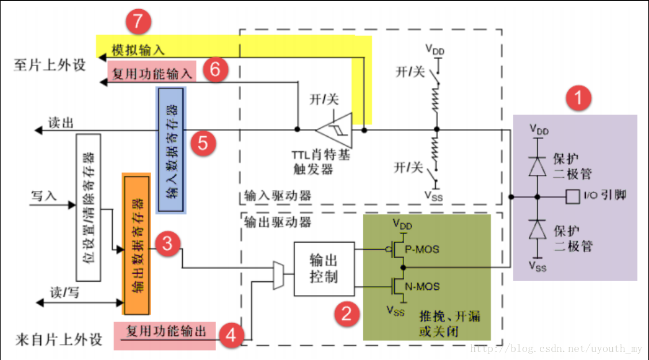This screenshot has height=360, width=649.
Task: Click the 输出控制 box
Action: tap(324, 269)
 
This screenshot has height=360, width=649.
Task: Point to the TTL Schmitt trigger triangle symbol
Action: tap(335, 131)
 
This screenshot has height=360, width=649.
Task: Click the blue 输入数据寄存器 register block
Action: tap(171, 151)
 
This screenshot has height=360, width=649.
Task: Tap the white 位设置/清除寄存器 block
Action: tap(88, 208)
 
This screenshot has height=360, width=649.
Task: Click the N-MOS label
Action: tap(424, 286)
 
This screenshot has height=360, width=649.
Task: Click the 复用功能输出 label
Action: tap(166, 331)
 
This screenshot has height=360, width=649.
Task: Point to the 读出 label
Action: tap(61, 122)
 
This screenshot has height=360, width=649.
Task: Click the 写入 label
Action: tap(44, 196)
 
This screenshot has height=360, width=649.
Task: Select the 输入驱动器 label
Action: tap(275, 196)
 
